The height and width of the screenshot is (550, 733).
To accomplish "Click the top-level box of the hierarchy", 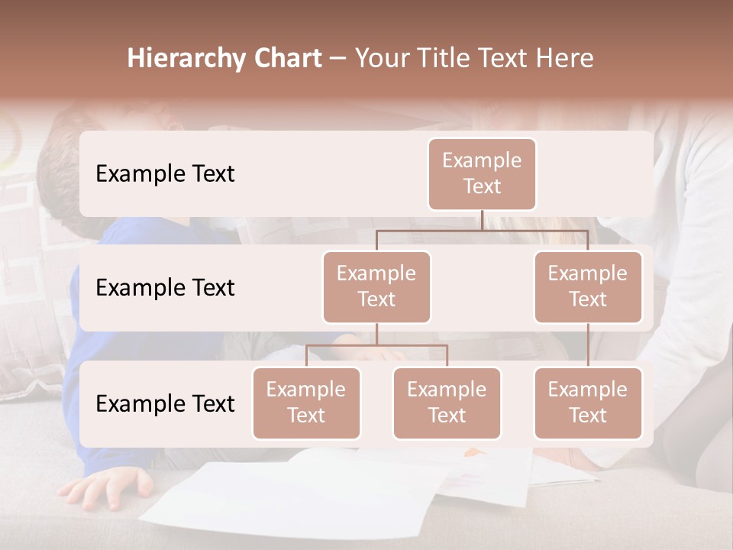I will click(482, 173).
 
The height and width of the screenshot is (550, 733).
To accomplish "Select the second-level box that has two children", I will click(376, 286).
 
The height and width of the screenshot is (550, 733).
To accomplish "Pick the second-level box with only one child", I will click(588, 286).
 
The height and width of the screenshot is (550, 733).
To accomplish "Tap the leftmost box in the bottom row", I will click(306, 403).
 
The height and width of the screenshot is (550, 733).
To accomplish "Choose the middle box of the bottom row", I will click(447, 403).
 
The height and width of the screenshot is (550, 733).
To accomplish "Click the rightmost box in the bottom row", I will click(588, 403).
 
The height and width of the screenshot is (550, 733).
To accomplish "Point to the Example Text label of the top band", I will click(165, 174).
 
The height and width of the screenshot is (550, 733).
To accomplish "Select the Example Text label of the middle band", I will click(165, 288).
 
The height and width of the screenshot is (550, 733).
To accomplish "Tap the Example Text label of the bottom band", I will click(165, 403).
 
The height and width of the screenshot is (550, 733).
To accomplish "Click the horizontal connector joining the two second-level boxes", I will click(482, 230).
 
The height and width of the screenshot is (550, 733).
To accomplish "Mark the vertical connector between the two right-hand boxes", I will click(588, 345).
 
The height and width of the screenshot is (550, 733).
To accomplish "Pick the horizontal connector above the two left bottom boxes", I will click(376, 345).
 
